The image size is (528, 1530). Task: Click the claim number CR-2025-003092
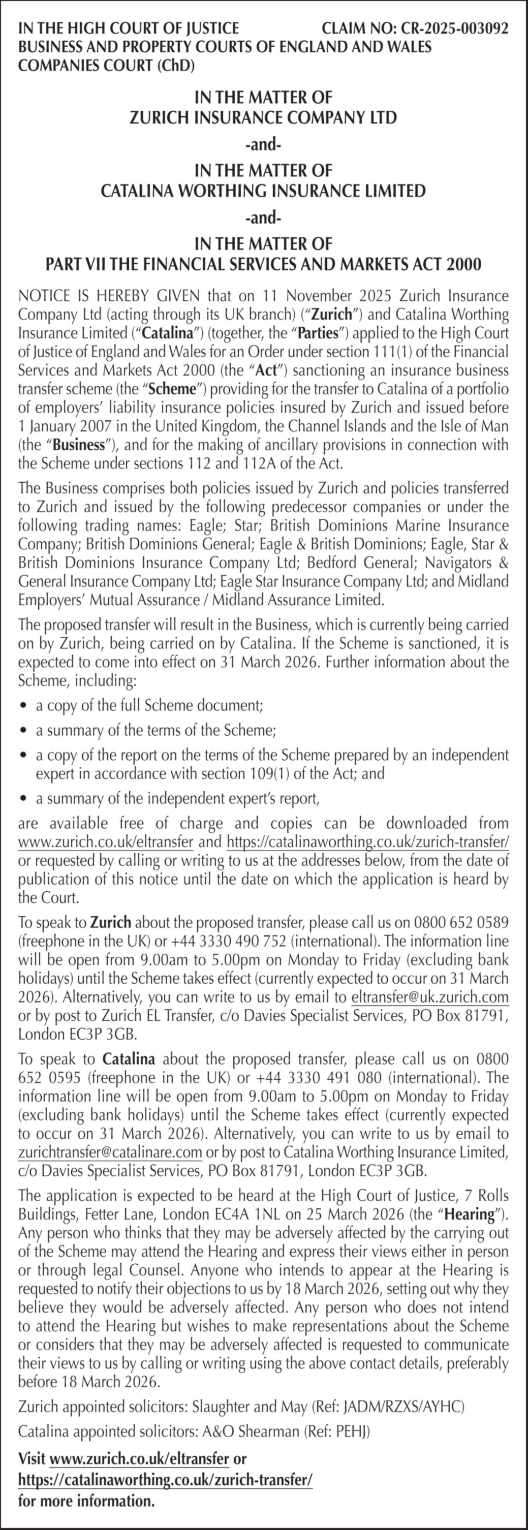[x=454, y=28]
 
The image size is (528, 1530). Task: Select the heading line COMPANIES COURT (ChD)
[x=106, y=66]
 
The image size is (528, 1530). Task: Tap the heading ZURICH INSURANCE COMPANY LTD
[x=263, y=117]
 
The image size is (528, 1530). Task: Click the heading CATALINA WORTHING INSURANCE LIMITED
[x=263, y=191]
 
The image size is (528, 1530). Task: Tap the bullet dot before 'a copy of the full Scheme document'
[x=23, y=706]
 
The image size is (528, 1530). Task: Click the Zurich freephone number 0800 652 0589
[x=461, y=922]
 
